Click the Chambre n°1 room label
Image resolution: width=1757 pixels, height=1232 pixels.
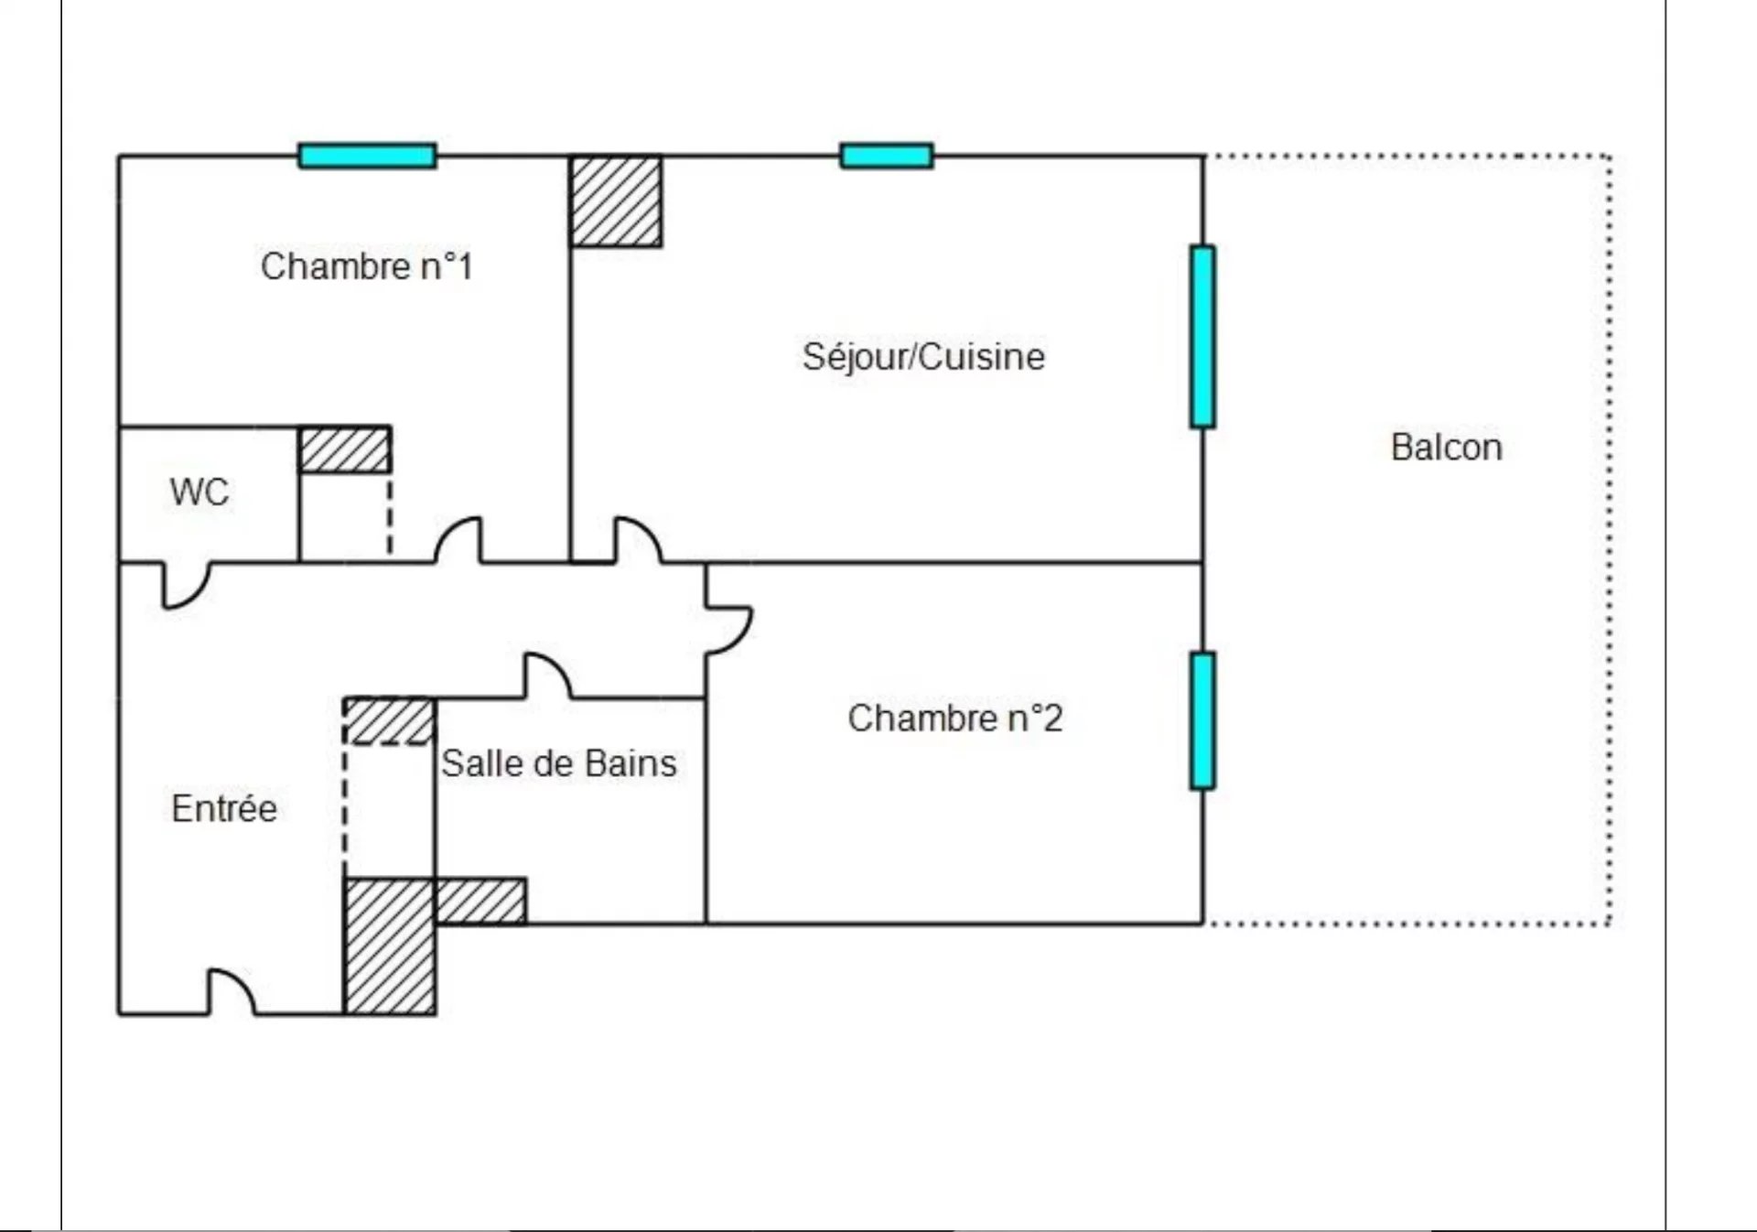tap(366, 266)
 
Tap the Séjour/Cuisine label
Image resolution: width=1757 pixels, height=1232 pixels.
tap(922, 356)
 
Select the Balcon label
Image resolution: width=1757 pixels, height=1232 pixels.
tap(1446, 448)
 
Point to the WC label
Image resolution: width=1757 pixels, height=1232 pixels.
tap(199, 492)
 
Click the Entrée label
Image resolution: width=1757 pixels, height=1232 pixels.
tap(224, 808)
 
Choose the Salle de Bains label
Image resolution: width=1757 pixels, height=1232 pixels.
tap(559, 763)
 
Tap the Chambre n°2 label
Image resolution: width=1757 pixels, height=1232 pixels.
tap(954, 719)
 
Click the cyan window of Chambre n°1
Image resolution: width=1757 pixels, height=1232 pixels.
tap(367, 156)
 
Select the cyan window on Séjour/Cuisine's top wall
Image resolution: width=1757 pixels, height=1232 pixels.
tap(886, 156)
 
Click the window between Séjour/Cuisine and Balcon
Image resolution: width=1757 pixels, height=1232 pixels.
tap(1202, 336)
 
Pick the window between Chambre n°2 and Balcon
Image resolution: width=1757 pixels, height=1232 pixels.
tap(1202, 720)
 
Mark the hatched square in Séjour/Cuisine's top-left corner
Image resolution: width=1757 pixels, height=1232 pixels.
tap(616, 201)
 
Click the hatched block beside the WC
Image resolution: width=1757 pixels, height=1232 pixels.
tap(345, 449)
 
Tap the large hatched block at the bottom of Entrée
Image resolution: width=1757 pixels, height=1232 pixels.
tap(389, 946)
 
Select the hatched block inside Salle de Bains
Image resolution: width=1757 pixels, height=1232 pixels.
tap(480, 901)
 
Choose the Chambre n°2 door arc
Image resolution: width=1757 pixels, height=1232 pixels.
tap(729, 629)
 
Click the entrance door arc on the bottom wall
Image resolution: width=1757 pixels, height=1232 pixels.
tap(232, 991)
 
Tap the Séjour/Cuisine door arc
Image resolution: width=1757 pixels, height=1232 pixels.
tap(638, 539)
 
